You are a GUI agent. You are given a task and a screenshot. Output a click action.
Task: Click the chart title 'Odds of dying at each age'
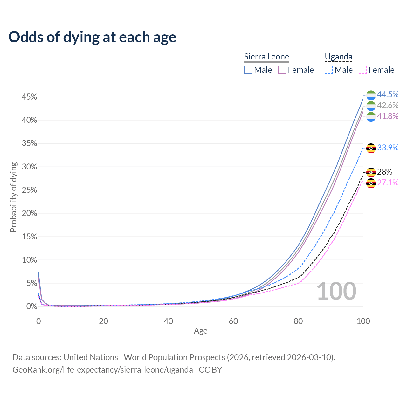pos(92,37)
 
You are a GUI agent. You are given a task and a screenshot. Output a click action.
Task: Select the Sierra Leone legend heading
pos(266,57)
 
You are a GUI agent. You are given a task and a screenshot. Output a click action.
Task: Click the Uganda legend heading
pos(339,57)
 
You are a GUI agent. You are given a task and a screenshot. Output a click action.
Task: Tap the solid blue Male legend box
pos(248,70)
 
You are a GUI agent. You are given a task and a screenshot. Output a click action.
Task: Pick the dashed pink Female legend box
pos(363,70)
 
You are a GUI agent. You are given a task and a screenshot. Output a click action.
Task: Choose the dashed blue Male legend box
pos(329,70)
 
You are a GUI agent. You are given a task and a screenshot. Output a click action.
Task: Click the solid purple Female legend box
pos(282,70)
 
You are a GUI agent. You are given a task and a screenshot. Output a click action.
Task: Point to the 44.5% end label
pos(388,94)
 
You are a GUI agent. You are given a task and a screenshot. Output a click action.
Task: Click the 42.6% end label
pos(388,105)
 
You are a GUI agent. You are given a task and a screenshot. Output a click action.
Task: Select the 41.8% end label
pos(388,116)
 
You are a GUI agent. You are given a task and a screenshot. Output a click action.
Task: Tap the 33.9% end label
pos(388,148)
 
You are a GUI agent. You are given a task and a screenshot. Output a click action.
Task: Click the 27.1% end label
pos(388,183)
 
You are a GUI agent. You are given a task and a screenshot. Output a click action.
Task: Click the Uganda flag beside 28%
pos(371,172)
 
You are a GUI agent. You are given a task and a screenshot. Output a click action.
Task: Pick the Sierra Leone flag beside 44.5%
pos(371,95)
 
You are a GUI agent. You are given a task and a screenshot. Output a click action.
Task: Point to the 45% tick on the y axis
pos(29,97)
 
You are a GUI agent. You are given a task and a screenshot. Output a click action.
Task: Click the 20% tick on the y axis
pos(29,213)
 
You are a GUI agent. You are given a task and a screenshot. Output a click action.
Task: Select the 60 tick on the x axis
pos(233,321)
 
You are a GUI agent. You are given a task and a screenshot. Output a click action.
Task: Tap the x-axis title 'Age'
pos(201,331)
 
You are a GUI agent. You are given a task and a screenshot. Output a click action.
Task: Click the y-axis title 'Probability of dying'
pos(13,197)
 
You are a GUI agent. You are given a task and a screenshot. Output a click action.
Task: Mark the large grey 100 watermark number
pos(336,291)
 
